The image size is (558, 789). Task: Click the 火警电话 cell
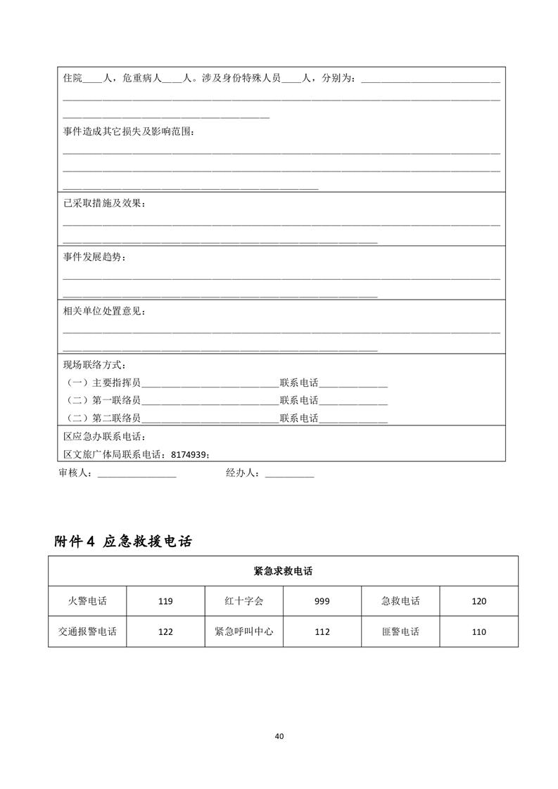[x=87, y=601]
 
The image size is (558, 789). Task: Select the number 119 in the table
[x=165, y=601]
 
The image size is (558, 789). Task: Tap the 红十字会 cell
[x=243, y=601]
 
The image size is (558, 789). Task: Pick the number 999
[x=322, y=601]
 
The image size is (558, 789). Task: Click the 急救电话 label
[x=400, y=601]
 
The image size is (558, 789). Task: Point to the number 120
[x=478, y=601]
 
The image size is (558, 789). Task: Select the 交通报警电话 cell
[x=87, y=631]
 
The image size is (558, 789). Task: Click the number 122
[x=165, y=631]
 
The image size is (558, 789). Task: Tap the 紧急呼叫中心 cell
[x=243, y=631]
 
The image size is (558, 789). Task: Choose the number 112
[x=322, y=631]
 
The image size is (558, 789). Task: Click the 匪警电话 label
[x=400, y=631]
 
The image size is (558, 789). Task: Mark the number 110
[x=478, y=631]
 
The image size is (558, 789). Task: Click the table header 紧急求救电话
[x=283, y=570]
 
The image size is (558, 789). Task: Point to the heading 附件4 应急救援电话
[x=124, y=541]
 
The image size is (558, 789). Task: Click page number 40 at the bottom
[x=279, y=736]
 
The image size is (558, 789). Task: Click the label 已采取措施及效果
[x=105, y=203]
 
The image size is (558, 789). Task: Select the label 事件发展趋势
[x=96, y=257]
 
